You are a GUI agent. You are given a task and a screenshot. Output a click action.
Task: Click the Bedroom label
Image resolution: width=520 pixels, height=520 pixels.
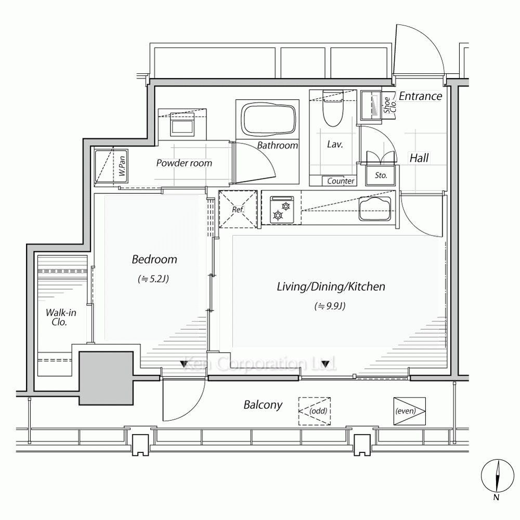[154, 259]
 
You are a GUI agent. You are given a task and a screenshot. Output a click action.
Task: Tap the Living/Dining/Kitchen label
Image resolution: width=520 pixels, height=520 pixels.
[331, 287]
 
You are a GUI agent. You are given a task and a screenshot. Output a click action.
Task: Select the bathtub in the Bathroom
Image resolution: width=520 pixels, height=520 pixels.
[268, 119]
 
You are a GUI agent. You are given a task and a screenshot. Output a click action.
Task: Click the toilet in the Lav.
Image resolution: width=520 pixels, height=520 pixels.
[333, 108]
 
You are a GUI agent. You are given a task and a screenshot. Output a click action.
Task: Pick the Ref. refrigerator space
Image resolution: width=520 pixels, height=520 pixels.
[238, 209]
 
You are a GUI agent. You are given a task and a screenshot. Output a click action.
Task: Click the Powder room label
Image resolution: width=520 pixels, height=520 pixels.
[184, 163]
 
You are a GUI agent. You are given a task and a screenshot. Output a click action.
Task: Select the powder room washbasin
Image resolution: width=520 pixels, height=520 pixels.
[181, 124]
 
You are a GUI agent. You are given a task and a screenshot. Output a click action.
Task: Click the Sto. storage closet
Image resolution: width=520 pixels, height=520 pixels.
[381, 175]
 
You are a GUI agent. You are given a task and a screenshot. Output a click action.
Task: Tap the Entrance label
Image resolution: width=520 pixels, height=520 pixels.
[421, 96]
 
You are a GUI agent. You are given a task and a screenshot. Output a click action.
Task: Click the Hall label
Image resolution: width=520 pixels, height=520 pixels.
[420, 158]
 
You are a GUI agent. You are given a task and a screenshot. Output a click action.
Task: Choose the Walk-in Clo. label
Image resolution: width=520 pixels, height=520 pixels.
[61, 317]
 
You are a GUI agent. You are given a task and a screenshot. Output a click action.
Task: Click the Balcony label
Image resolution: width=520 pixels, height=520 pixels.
[263, 405]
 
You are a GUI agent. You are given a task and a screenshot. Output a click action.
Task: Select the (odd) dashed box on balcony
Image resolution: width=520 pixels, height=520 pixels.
[315, 411]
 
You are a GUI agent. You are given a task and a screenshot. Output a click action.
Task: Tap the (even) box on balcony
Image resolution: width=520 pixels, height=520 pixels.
[410, 411]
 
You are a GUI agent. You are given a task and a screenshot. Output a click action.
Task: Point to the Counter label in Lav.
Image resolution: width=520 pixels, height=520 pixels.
[341, 181]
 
